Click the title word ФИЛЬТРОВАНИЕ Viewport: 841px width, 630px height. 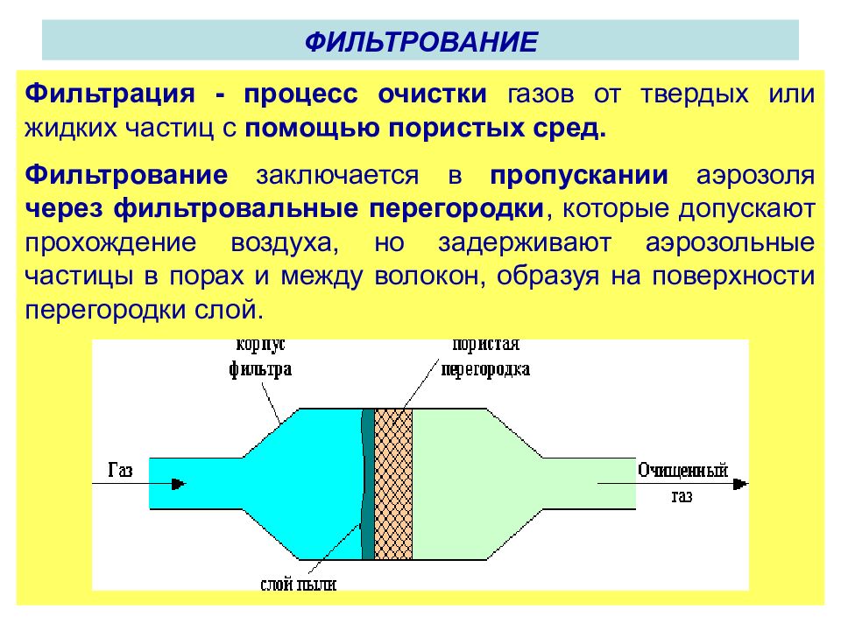coord(421,42)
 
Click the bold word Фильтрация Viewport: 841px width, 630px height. coord(110,94)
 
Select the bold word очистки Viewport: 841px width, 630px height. coord(432,94)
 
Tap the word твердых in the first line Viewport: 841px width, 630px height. coord(694,94)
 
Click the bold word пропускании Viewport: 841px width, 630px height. coord(579,176)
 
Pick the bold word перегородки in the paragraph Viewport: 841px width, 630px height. coord(456,209)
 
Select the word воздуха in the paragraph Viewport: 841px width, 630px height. coord(285,243)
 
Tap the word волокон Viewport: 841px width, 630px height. coord(429,277)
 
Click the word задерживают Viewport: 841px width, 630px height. coord(525,243)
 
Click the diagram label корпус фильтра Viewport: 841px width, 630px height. coord(261,357)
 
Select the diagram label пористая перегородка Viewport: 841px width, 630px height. coord(485,357)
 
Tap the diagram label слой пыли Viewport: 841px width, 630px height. coord(298,584)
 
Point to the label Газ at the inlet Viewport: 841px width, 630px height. coord(120,470)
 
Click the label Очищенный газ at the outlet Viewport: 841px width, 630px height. coord(682,483)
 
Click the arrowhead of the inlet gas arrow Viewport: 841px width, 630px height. coord(179,484)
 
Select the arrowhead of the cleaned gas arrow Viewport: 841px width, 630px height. coord(741,484)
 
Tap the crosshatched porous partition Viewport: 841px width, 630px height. coord(393,484)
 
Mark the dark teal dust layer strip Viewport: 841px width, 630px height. coord(367,484)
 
